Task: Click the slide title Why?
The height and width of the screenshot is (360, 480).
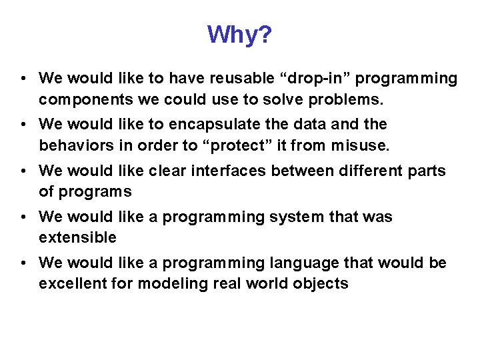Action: pyautogui.click(x=239, y=35)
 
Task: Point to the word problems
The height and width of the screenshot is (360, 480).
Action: pyautogui.click(x=344, y=100)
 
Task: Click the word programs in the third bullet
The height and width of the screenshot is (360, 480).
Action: pyautogui.click(x=95, y=192)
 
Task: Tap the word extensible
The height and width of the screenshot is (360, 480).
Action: pyautogui.click(x=77, y=237)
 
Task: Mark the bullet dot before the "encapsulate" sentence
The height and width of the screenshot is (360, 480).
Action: pyautogui.click(x=23, y=125)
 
